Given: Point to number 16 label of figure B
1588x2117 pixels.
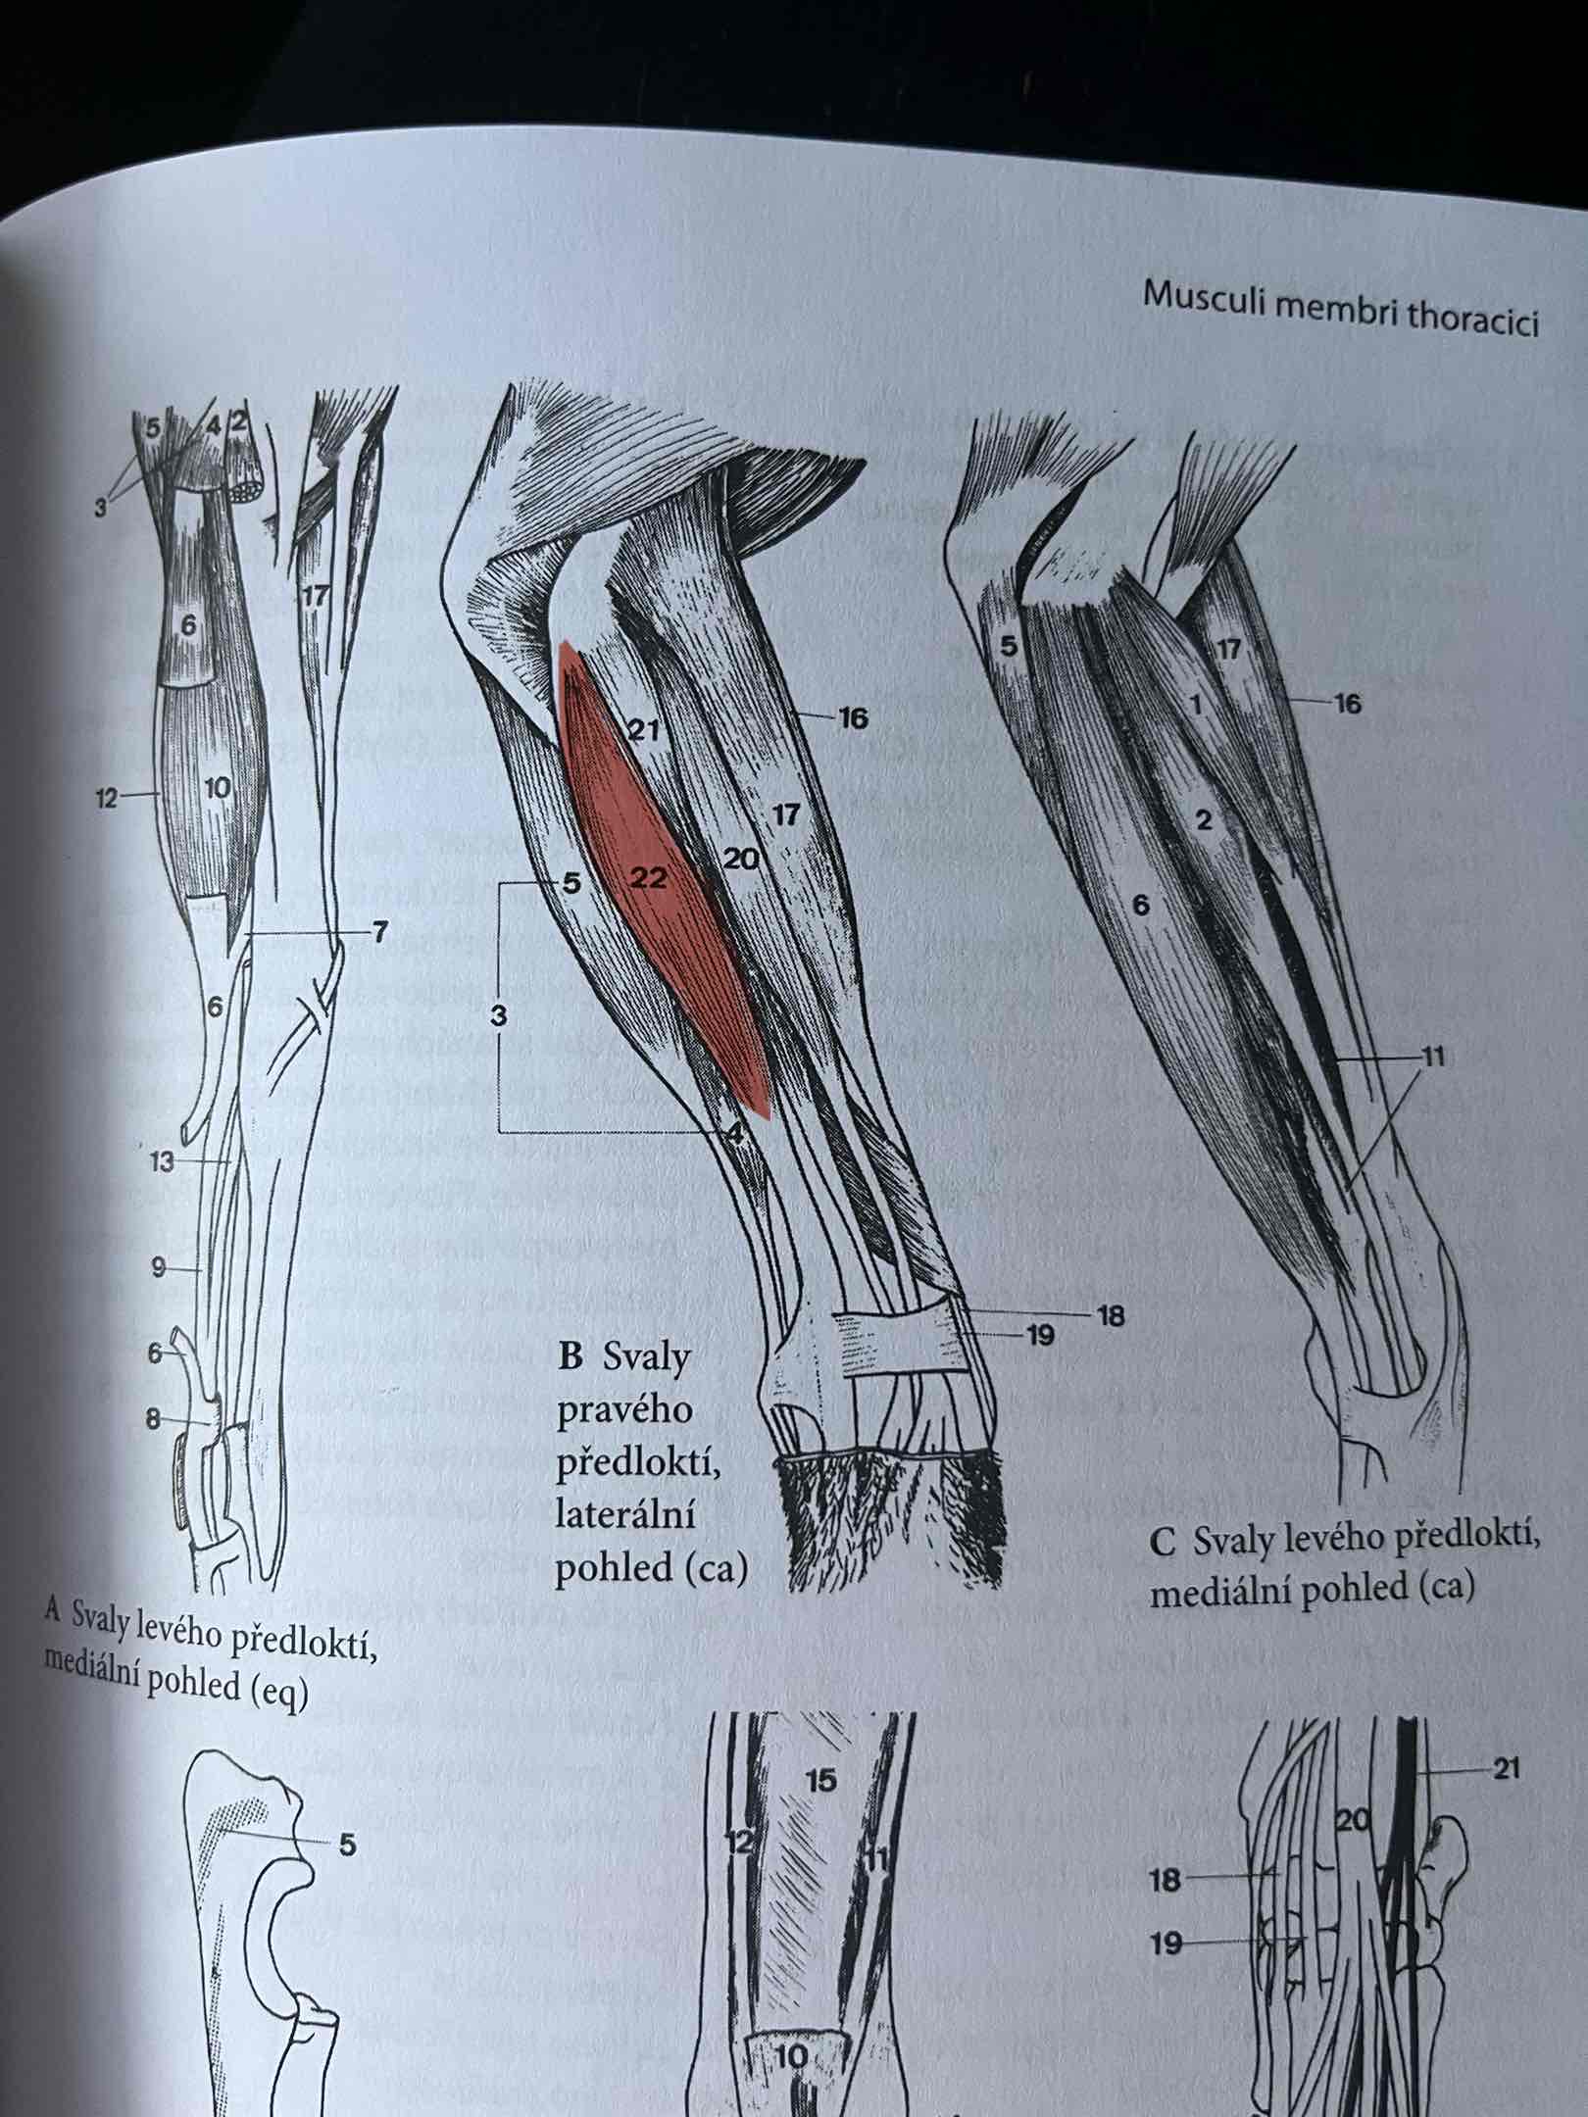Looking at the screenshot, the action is coord(853,718).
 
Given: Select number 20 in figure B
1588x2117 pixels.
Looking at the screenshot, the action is coord(742,860).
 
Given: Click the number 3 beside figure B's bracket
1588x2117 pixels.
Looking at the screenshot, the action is coord(499,1017).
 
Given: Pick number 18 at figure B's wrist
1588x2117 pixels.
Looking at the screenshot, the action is coord(1111,1315).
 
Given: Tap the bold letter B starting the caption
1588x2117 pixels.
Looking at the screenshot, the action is coord(570,1356).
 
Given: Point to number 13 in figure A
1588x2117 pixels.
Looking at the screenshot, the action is coord(162,1162).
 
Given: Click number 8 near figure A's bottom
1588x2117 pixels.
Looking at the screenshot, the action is coord(153,1418).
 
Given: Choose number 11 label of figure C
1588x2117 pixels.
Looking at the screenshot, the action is coord(1433,1058).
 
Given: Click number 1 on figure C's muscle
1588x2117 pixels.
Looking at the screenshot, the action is coord(1195,704).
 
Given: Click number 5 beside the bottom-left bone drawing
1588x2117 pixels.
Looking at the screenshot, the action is coord(346,1846).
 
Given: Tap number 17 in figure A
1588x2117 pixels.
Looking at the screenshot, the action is coord(315,595).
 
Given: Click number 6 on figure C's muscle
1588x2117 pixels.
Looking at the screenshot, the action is coord(1140,904).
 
